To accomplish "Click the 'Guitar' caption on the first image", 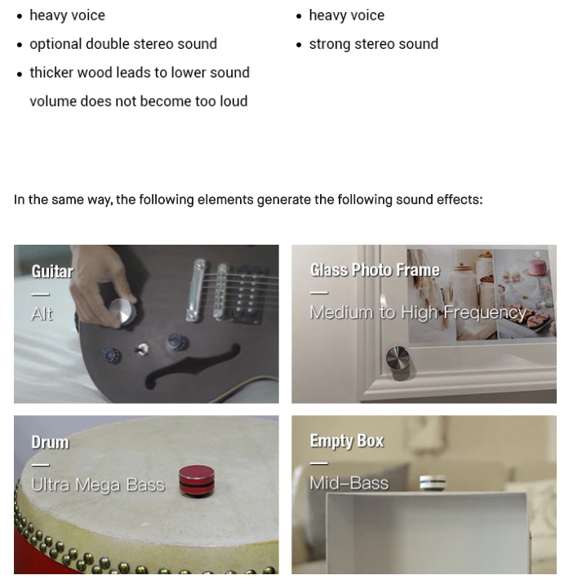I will [x=52, y=272].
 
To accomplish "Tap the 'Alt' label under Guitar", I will [x=42, y=314].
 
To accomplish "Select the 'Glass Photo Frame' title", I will [x=375, y=270].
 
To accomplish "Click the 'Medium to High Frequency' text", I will [x=418, y=312].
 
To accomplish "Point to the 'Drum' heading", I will [x=50, y=442].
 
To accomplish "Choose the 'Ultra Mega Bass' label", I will [x=97, y=484].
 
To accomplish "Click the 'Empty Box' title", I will [x=346, y=441].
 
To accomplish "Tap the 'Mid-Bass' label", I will [x=349, y=483].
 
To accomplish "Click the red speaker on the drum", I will [x=196, y=480].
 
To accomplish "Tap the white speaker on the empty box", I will [x=433, y=483].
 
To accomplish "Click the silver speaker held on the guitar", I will [x=122, y=313].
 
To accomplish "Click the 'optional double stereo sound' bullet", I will [x=123, y=44].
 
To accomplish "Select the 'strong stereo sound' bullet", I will [x=373, y=44].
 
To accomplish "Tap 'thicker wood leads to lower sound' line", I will [x=140, y=73].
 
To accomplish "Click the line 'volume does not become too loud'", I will [x=139, y=101].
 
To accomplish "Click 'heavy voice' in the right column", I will [x=346, y=15].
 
